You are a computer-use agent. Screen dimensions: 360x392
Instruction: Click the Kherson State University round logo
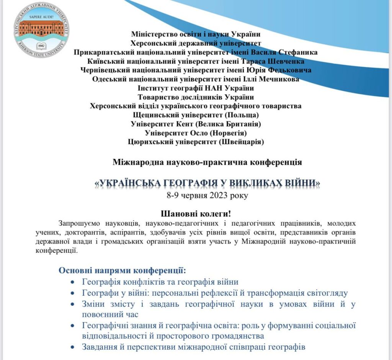tap(41, 30)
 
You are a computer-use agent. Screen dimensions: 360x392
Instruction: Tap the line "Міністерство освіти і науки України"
tap(196, 34)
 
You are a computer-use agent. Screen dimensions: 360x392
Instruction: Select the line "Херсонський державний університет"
tap(196, 43)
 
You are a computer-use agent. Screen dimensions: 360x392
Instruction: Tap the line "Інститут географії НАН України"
tap(196, 88)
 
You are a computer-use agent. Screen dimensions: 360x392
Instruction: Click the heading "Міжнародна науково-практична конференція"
tap(207, 162)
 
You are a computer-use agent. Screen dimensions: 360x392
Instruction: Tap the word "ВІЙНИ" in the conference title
tap(301, 184)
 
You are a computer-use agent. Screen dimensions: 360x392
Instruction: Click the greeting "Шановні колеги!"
tap(196, 213)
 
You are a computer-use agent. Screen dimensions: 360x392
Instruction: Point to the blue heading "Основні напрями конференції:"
tap(122, 271)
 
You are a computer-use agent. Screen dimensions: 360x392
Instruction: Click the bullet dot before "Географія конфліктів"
tap(73, 282)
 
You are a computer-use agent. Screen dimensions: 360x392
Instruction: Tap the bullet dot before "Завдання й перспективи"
tap(73, 347)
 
